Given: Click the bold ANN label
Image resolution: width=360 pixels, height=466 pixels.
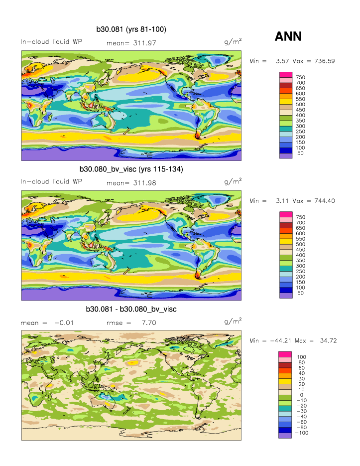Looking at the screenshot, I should pos(288,36).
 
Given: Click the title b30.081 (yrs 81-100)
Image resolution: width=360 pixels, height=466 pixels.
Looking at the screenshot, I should pos(131,30).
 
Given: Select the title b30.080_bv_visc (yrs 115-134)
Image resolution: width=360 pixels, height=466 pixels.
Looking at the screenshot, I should pos(131,169).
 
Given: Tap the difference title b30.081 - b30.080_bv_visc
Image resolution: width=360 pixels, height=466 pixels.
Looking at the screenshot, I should pos(131,310).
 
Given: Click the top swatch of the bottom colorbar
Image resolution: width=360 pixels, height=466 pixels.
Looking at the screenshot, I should pos(285,354).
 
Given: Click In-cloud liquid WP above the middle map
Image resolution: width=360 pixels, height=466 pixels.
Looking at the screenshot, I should pos(51,182).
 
